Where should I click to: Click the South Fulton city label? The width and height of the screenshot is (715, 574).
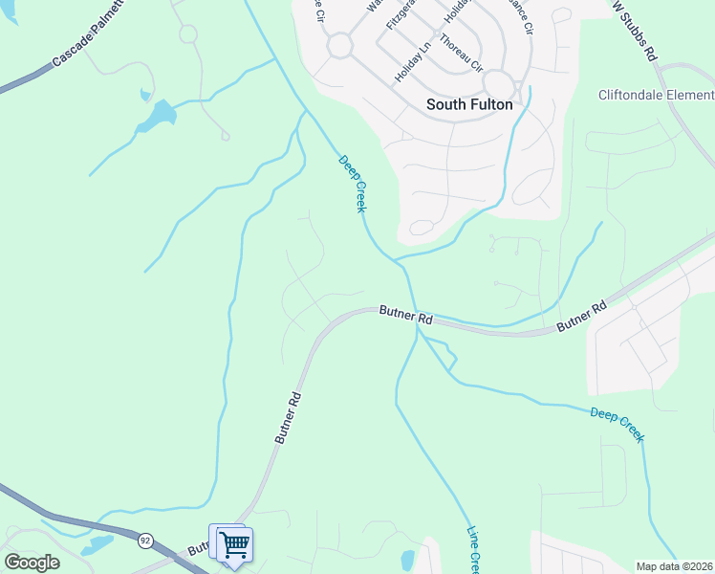468,104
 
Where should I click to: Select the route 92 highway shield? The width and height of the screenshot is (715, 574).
145,540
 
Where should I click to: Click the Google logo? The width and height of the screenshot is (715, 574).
32,563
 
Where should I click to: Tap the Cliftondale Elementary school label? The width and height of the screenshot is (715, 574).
656,95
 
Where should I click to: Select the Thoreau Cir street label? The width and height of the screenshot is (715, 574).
465,58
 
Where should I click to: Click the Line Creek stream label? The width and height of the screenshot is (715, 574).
472,550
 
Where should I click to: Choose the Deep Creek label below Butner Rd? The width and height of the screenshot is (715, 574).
617,425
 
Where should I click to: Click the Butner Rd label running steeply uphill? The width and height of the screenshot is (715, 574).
288,417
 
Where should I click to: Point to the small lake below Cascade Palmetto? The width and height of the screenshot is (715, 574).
156,116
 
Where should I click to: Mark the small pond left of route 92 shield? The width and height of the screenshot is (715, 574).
97,546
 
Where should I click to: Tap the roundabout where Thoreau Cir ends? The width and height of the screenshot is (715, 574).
498,82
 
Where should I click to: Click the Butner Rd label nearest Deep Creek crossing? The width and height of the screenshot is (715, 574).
406,314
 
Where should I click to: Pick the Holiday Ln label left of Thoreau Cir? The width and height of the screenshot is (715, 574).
414,59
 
